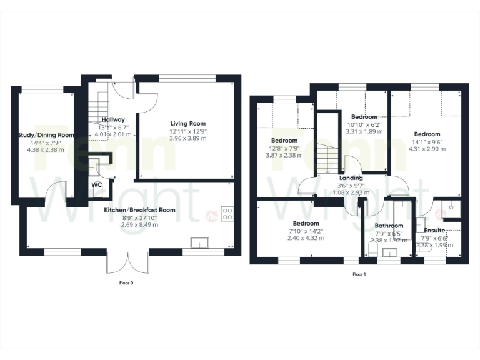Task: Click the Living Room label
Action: tap(188, 124)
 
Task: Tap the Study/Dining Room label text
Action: tap(46, 135)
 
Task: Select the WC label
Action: tap(97, 185)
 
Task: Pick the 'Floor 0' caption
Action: tap(127, 283)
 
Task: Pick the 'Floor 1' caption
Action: tap(359, 274)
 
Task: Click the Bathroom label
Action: tap(389, 226)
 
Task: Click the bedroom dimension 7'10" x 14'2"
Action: tap(306, 231)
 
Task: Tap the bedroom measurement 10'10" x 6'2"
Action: tap(364, 124)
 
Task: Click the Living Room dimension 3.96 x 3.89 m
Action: tap(188, 138)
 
